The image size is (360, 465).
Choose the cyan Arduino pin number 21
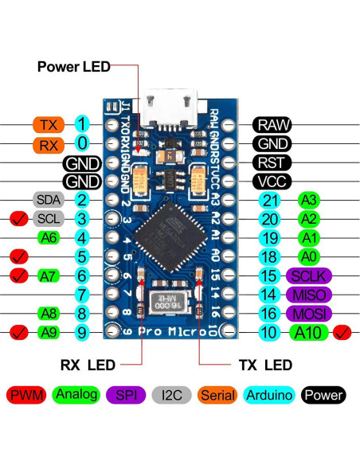271,200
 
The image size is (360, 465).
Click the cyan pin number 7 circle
83,294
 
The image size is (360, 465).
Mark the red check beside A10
343,332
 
